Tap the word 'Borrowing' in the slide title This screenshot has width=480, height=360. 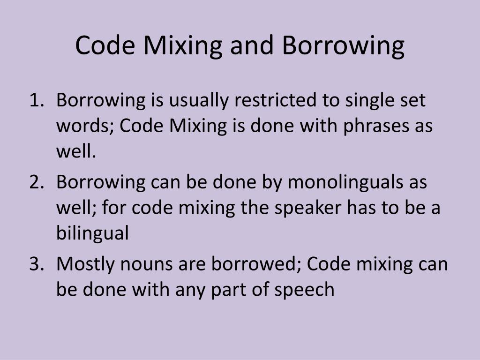point(343,47)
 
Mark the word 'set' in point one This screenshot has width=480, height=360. point(412,100)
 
